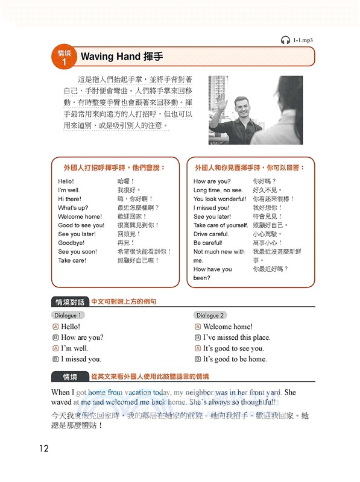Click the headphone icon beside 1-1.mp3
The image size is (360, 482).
tap(285, 40)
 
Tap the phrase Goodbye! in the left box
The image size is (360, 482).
tap(71, 243)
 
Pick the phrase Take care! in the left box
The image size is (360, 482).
tap(72, 260)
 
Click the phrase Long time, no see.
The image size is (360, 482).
tap(218, 190)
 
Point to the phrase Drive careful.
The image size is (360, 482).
tap(211, 234)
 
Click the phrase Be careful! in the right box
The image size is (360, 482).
tap(208, 243)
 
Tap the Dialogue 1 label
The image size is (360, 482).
tap(68, 315)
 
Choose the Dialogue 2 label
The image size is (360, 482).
tap(210, 315)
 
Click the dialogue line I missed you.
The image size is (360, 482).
tap(81, 359)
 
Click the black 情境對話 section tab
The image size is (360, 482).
tap(70, 302)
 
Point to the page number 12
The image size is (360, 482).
tap(43, 448)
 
